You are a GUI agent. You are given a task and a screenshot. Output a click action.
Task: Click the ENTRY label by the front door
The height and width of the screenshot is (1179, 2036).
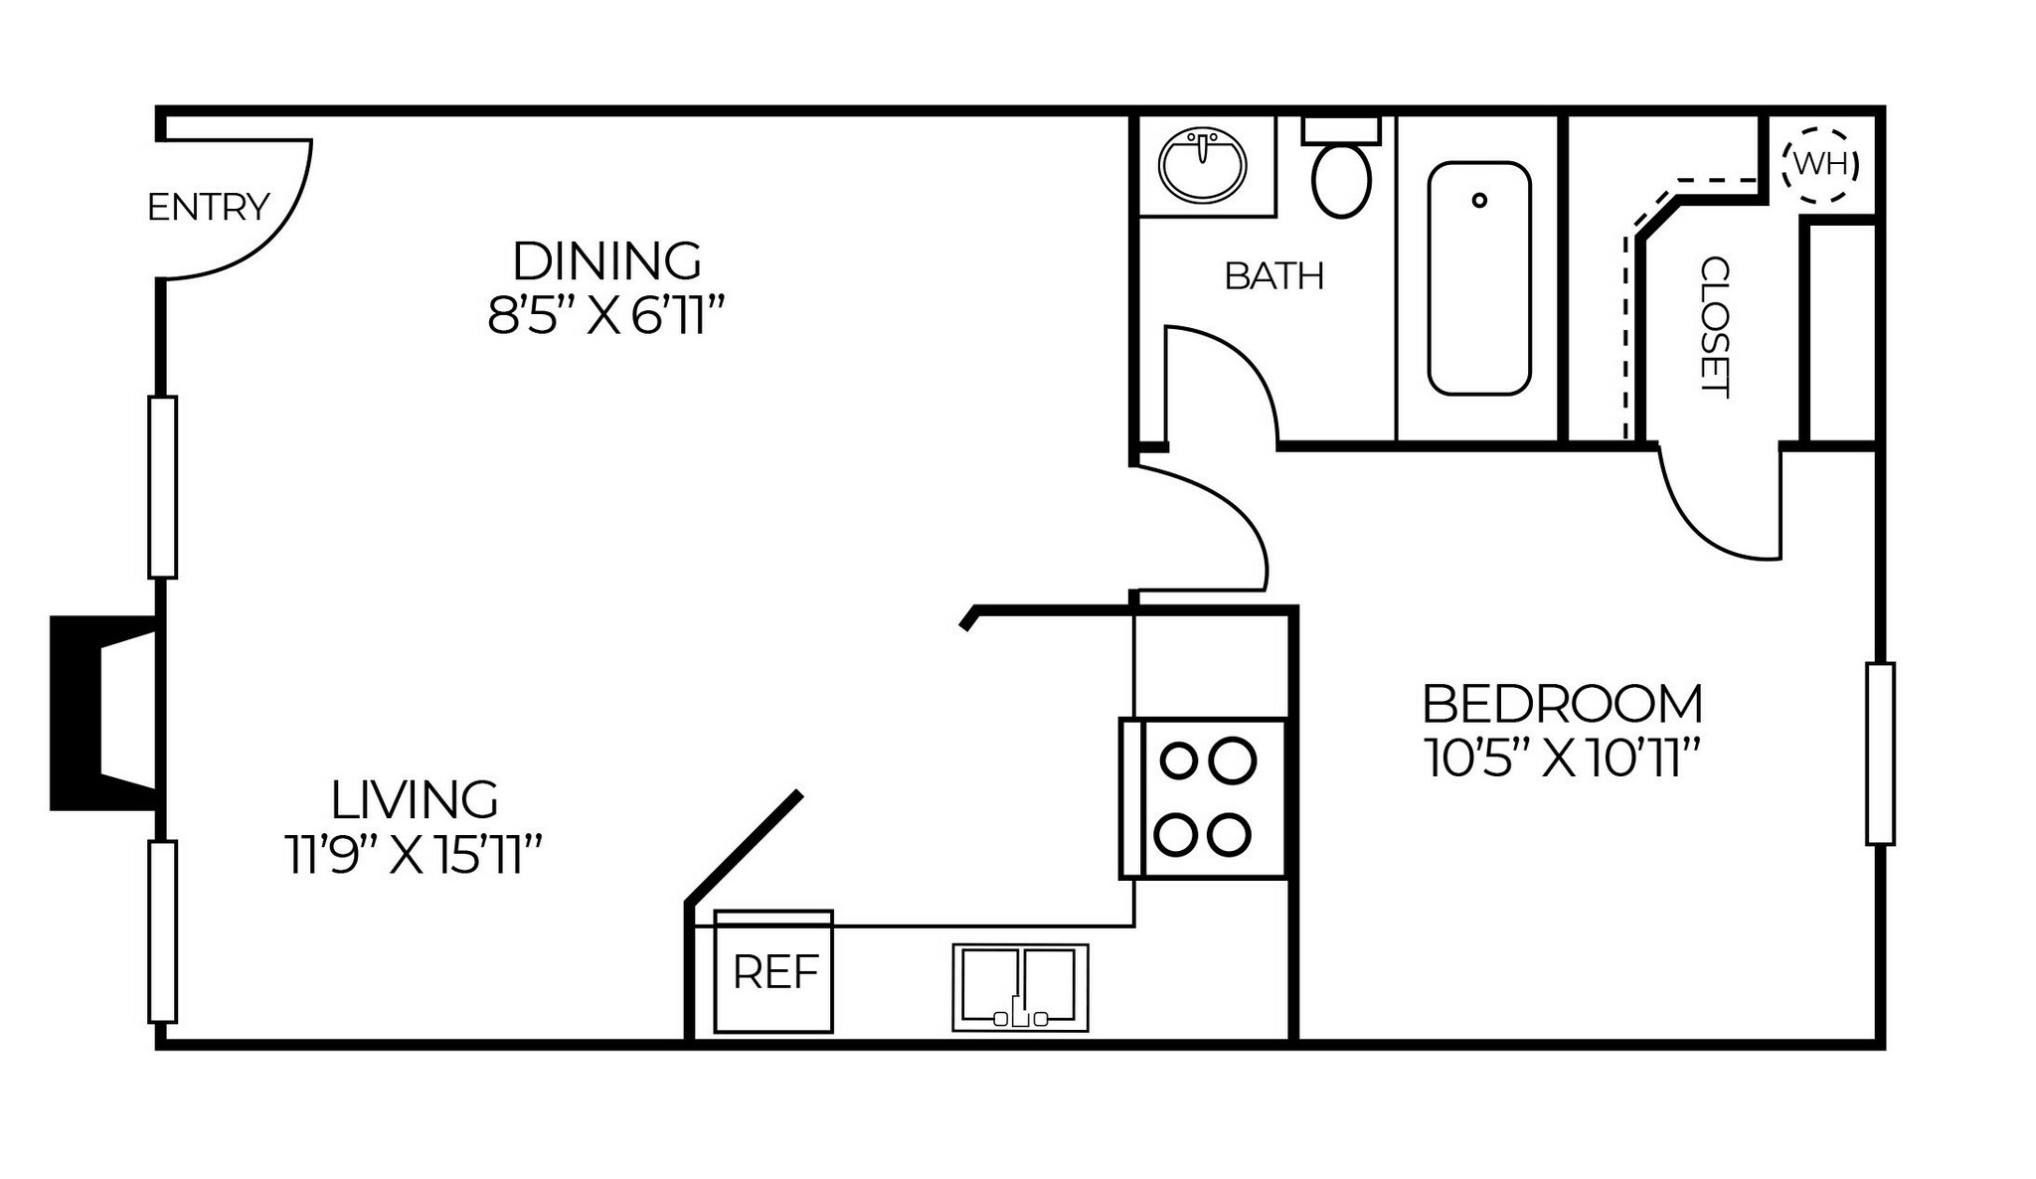click(x=208, y=208)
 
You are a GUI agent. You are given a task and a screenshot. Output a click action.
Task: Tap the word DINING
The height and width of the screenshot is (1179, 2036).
click(x=606, y=261)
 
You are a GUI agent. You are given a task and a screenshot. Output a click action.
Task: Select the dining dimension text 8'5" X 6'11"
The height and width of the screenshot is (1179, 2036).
click(x=604, y=318)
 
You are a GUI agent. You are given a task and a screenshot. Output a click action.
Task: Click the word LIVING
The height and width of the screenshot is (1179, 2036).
click(x=415, y=799)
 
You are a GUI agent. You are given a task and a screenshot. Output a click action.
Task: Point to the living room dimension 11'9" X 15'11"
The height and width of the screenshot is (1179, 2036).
click(x=414, y=856)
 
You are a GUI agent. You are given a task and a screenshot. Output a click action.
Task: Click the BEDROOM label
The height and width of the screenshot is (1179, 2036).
click(x=1562, y=704)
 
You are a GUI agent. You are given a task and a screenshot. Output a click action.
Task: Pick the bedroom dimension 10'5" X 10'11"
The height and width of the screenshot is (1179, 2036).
click(x=1561, y=759)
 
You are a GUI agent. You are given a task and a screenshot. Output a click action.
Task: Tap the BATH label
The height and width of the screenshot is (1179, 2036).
click(x=1273, y=276)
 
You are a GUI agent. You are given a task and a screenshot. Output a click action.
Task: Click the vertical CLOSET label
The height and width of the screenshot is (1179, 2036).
click(x=1715, y=327)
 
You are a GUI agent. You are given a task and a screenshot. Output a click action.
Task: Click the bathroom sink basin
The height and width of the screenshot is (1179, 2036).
click(x=1203, y=165)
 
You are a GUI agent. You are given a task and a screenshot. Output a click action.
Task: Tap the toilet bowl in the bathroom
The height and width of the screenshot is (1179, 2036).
click(x=1341, y=179)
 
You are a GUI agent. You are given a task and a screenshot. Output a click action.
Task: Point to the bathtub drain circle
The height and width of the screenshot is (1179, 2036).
click(x=1479, y=201)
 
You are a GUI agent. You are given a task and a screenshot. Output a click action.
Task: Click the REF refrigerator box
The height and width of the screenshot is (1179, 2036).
click(x=773, y=972)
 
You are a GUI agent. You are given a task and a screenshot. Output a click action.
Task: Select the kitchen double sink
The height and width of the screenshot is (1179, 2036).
click(x=1020, y=987)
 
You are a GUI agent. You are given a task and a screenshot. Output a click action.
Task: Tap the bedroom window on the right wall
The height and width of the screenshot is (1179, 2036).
click(x=1880, y=754)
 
